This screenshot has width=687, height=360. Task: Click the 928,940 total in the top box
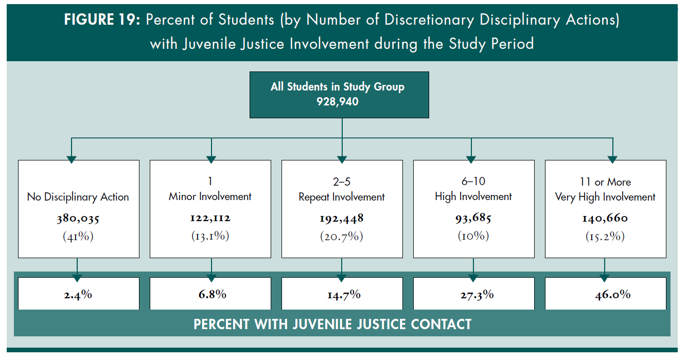(x=338, y=101)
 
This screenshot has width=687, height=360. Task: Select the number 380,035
(x=78, y=219)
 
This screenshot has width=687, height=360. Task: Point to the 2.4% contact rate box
(x=78, y=295)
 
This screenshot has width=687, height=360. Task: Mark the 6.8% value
(x=210, y=295)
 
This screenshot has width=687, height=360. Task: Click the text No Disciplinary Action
(x=78, y=197)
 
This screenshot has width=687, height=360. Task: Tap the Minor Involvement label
(x=210, y=196)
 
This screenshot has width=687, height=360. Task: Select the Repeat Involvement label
(x=342, y=197)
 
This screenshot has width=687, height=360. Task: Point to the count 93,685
(x=473, y=219)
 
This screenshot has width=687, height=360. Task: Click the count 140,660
(x=605, y=219)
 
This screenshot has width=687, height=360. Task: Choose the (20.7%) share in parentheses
(x=342, y=237)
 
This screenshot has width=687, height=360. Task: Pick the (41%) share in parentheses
(x=78, y=237)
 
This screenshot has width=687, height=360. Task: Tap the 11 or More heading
(x=605, y=182)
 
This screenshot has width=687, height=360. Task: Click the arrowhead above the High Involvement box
(x=470, y=159)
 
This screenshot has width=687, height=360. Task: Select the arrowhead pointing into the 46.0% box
(x=605, y=278)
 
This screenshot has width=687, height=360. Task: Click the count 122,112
(x=210, y=219)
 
